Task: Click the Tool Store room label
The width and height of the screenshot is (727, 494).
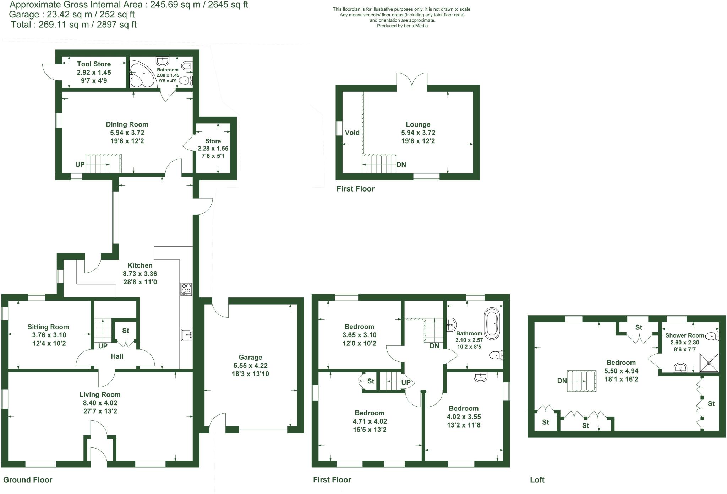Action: [94, 64]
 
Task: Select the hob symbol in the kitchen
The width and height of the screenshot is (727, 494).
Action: [186, 289]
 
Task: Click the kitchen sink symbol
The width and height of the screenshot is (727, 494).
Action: [186, 335]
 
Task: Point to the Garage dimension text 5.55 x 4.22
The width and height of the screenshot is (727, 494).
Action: [250, 365]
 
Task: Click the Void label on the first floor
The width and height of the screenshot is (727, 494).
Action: [352, 133]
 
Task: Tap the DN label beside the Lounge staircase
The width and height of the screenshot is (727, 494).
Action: [401, 165]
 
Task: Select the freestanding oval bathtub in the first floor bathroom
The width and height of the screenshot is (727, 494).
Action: [492, 323]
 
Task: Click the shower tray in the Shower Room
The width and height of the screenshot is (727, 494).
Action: [709, 363]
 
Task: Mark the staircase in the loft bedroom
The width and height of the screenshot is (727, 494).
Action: [581, 381]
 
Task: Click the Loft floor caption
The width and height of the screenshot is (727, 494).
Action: [537, 480]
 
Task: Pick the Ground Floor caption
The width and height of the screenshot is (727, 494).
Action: [28, 480]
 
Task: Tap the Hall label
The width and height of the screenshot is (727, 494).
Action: [117, 356]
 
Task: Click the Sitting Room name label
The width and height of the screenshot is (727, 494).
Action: [48, 327]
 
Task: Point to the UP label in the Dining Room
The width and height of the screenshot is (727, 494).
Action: [80, 165]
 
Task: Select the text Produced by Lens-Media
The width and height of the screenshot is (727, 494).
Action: [402, 26]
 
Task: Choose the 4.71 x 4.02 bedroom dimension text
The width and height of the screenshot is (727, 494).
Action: [369, 421]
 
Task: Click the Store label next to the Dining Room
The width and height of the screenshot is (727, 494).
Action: [213, 141]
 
